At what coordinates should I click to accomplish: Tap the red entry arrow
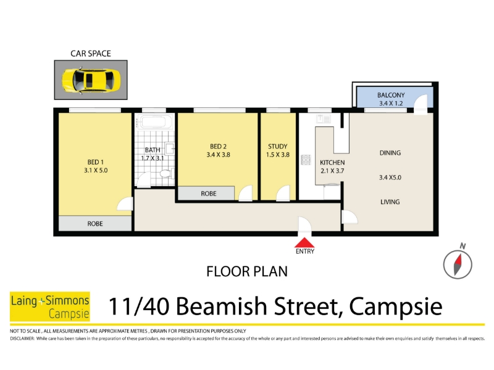pyautogui.click(x=304, y=242)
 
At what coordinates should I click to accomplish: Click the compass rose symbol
pyautogui.click(x=458, y=264)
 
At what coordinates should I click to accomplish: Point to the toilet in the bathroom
pyautogui.click(x=165, y=173)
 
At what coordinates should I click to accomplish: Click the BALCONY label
pyautogui.click(x=391, y=95)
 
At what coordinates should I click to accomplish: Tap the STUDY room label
pyautogui.click(x=277, y=146)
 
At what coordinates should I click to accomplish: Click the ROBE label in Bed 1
pyautogui.click(x=95, y=224)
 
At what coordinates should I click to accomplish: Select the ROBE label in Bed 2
pyautogui.click(x=209, y=194)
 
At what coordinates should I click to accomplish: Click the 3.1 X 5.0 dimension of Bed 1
pyautogui.click(x=96, y=170)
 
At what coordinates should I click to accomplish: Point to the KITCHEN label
pyautogui.click(x=332, y=163)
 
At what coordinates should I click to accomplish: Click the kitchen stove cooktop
pyautogui.click(x=306, y=160)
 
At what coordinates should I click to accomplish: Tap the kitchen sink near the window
pyautogui.click(x=324, y=119)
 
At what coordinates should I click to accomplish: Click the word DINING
pyautogui.click(x=390, y=153)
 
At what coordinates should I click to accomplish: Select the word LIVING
pyautogui.click(x=390, y=202)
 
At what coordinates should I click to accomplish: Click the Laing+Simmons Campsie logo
pyautogui.click(x=50, y=306)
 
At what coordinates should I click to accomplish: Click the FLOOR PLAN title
pyautogui.click(x=247, y=271)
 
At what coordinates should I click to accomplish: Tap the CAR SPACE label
pyautogui.click(x=91, y=54)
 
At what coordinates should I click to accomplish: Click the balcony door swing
pyautogui.click(x=421, y=105)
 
